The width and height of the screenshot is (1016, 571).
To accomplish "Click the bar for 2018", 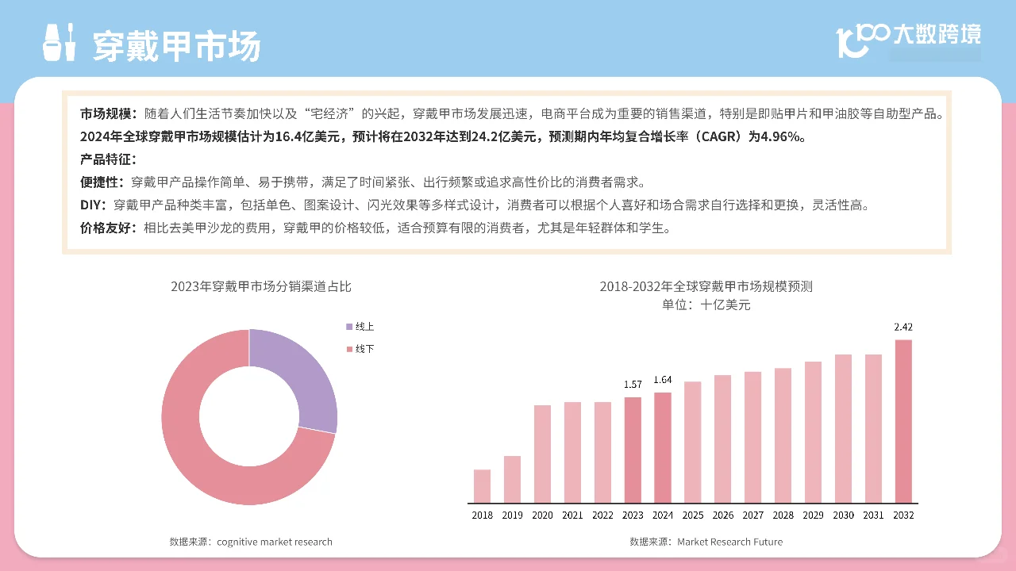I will [x=482, y=486].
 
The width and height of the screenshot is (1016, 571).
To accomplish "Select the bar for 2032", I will [x=903, y=421].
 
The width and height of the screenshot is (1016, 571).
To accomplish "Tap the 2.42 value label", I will [x=903, y=327].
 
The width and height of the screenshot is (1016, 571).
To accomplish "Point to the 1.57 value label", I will [x=633, y=385].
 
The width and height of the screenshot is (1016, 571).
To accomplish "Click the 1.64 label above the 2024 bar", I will [x=663, y=380].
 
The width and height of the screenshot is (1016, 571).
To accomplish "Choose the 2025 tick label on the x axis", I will [x=693, y=515].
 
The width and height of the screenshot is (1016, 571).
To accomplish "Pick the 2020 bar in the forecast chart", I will [x=542, y=454].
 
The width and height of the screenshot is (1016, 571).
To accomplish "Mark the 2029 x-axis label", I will [x=813, y=515].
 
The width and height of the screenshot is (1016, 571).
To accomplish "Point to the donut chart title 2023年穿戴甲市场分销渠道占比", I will [x=260, y=286].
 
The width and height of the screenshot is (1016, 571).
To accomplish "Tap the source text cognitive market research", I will [x=274, y=542].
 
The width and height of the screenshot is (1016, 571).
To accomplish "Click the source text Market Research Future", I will [x=729, y=542].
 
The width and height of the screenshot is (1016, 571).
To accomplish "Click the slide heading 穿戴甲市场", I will [x=176, y=46].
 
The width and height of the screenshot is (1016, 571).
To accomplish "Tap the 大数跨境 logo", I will [x=910, y=36].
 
